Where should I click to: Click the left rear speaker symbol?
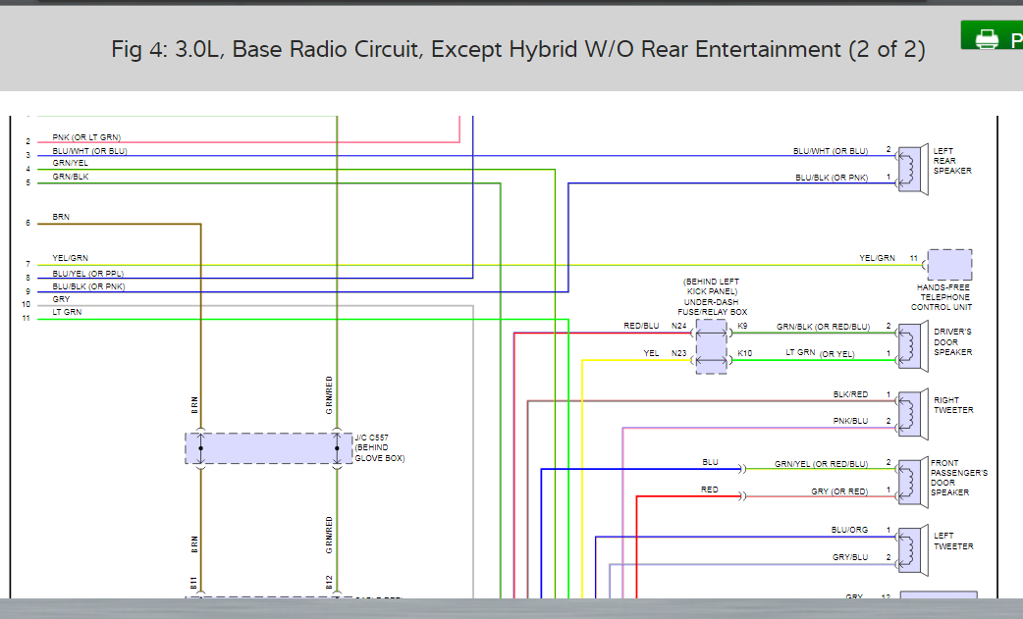coord(911,164)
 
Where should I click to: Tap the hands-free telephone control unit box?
coord(949,265)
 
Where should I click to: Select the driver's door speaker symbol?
coord(911,340)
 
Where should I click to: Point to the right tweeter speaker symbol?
coord(911,409)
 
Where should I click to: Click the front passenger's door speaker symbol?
coord(911,477)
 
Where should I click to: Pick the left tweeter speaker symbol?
coord(911,545)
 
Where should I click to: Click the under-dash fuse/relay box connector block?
coord(712,345)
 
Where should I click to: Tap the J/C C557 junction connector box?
coord(268,448)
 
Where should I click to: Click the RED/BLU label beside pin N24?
coord(641,326)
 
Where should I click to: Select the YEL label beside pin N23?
coord(651,353)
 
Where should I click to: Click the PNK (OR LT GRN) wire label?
coord(87,137)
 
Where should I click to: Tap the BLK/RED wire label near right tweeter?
coord(850,394)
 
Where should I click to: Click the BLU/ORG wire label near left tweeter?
coord(849,530)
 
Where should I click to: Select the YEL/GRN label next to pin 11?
coord(877,258)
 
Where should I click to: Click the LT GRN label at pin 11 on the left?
coord(67,312)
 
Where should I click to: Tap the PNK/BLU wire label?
coord(850,421)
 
